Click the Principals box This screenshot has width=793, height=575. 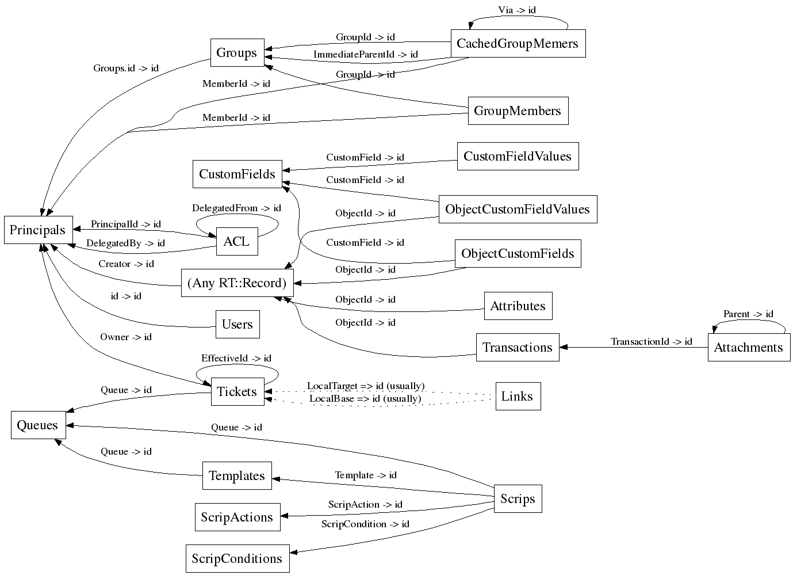tap(38, 230)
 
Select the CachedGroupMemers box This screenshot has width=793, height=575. tap(518, 44)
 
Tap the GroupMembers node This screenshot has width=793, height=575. tap(518, 111)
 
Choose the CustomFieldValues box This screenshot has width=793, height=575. tap(518, 157)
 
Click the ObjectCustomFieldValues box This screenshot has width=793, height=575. tap(518, 209)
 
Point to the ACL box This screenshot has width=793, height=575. tap(236, 242)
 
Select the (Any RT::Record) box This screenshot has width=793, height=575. tap(237, 283)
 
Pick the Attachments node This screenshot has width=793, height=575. tap(748, 348)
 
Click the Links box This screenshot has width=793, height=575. tap(518, 397)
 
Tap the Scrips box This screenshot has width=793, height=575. tap(518, 499)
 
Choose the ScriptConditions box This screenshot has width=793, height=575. tap(237, 559)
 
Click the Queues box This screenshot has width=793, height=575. tap(37, 425)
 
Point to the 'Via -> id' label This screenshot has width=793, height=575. tap(517, 10)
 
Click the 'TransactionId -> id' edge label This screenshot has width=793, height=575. tap(651, 342)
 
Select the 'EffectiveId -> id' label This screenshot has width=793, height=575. tap(236, 359)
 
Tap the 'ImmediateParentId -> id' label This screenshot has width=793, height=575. tap(365, 55)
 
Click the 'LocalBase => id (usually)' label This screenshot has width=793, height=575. tap(365, 398)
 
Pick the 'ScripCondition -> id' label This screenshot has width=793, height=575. tap(365, 524)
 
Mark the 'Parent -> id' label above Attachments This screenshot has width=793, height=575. tap(748, 314)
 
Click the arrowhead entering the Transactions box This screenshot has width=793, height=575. tap(564, 347)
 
